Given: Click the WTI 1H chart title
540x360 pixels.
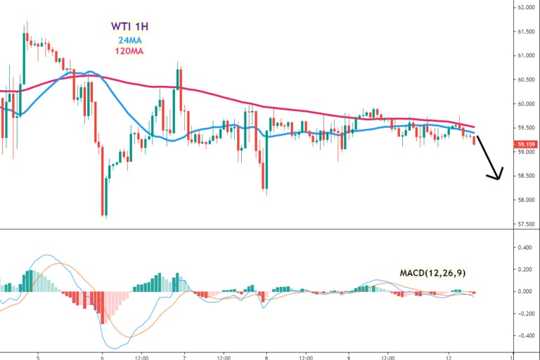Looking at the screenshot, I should click(x=129, y=27).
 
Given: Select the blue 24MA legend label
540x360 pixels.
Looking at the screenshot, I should click(x=129, y=40).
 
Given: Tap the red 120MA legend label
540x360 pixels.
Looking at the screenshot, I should click(x=129, y=51).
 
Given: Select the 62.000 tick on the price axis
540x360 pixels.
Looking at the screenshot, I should click(x=526, y=8).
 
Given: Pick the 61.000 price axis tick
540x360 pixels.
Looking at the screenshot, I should click(x=526, y=56).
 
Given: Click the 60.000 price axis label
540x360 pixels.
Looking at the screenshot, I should click(x=526, y=104).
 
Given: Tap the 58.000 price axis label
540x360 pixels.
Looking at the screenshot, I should click(x=526, y=200).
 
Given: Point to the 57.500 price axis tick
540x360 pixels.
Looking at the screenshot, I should click(x=526, y=225).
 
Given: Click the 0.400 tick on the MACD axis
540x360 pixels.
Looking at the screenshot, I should click(x=525, y=247).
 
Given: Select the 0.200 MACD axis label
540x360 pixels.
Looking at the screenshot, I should click(x=525, y=269).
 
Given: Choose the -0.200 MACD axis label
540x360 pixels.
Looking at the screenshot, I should click(x=524, y=313).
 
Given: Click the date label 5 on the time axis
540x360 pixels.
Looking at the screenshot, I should click(x=38, y=356).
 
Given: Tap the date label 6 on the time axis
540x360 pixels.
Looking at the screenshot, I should click(x=103, y=356).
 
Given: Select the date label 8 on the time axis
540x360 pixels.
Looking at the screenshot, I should click(x=266, y=356).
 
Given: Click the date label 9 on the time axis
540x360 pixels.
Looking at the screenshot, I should click(x=348, y=356).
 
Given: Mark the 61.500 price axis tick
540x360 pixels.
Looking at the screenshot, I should click(x=526, y=32).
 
